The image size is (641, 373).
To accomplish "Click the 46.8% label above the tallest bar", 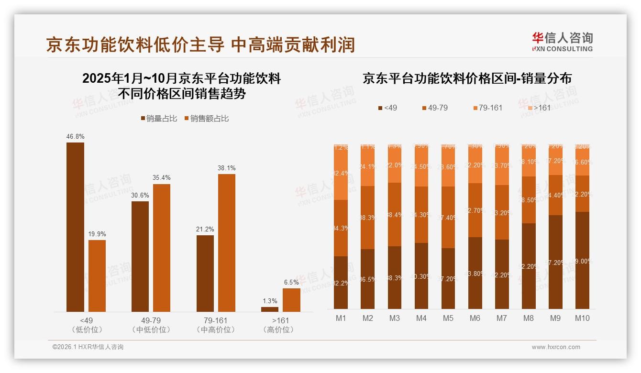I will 75,136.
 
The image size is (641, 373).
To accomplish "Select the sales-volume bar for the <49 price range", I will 75,227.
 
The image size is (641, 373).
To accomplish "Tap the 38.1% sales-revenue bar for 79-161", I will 227,243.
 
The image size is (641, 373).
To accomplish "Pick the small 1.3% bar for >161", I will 270,309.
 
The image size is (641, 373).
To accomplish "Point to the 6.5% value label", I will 291,282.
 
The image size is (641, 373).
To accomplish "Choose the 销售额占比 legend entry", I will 206,119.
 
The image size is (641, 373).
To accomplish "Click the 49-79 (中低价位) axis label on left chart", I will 151,325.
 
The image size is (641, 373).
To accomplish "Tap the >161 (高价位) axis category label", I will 280,325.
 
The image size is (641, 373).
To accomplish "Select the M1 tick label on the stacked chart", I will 341,318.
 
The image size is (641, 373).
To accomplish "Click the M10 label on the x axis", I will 582,318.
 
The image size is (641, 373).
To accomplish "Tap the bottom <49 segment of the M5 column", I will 448,278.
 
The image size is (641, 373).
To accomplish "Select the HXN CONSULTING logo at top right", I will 562,42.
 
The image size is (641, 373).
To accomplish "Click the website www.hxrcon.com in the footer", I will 555,347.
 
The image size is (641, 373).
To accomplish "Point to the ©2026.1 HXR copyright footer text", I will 88,347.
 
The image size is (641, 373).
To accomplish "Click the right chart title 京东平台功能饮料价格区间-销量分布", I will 467,78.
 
